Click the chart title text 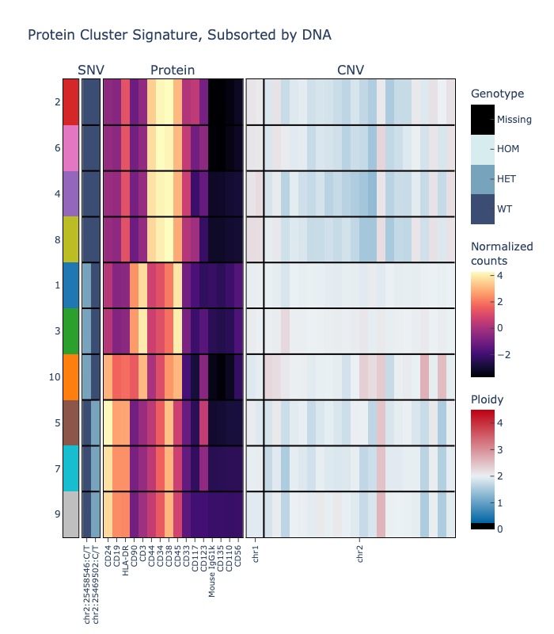pos(180,35)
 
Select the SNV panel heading pos(91,71)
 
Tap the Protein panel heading pos(173,71)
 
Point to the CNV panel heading pos(351,71)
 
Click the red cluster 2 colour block pos(71,101)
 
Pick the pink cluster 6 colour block pos(71,147)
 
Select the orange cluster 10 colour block pos(71,376)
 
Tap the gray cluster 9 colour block pos(71,514)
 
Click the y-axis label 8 pos(58,239)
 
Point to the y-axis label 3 pos(58,330)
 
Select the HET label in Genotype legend pos(506,179)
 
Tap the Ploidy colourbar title pos(488,399)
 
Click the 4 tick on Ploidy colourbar pos(500,422)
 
